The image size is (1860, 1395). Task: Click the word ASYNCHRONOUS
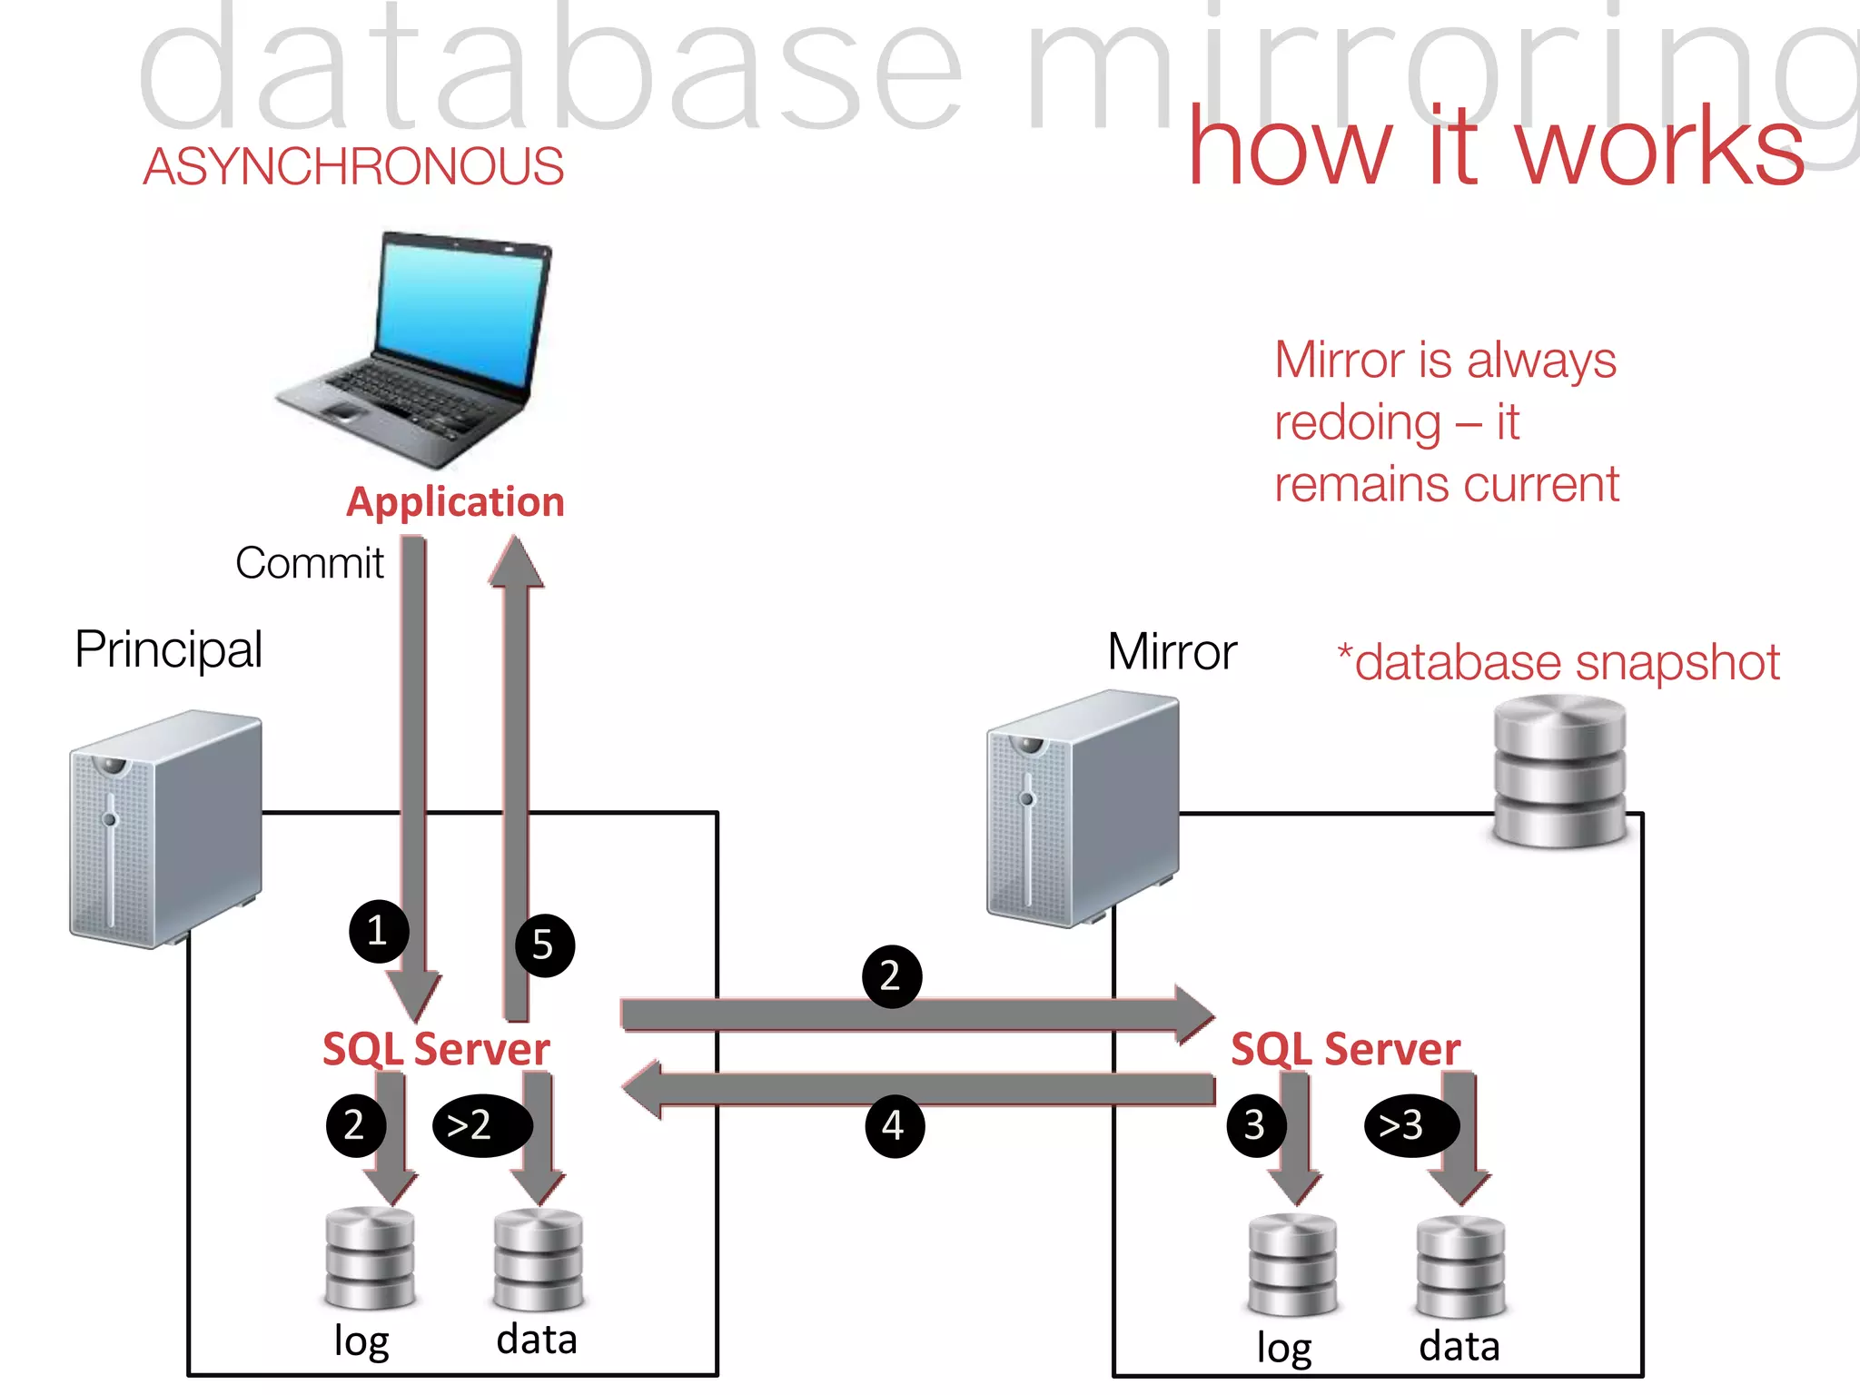tap(353, 167)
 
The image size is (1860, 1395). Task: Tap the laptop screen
tap(461, 314)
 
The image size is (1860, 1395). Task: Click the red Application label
tap(455, 502)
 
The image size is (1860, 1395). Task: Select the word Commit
tap(310, 563)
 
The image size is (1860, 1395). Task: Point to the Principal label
tap(169, 649)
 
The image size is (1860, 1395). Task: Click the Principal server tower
tap(165, 828)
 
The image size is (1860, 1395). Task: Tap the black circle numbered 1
tap(378, 931)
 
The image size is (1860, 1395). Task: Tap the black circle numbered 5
tap(544, 945)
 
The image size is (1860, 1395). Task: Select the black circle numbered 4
tap(894, 1126)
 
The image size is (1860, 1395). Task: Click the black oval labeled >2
tap(481, 1125)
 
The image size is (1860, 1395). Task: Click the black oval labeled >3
tap(1410, 1125)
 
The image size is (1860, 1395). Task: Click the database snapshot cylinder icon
tap(1559, 772)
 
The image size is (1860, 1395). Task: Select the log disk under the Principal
tap(370, 1258)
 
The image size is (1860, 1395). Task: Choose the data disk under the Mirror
tap(1459, 1267)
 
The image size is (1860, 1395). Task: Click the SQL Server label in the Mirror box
tap(1345, 1049)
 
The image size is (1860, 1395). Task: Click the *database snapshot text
tap(1558, 662)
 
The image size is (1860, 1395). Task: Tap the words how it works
tap(1496, 148)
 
